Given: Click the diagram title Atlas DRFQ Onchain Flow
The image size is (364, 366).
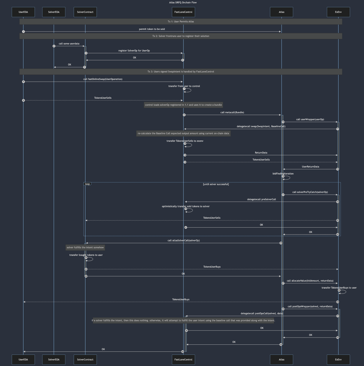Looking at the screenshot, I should coord(183,3).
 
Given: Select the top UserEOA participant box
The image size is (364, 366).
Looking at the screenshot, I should coord(23,12).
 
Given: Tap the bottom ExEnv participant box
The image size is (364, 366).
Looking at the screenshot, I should coord(338,360).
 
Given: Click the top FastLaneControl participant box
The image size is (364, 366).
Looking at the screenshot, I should coord(183,12).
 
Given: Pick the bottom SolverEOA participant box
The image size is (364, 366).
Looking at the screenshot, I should coord(54,360).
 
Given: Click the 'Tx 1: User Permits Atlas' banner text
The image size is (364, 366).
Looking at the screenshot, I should coord(181,22).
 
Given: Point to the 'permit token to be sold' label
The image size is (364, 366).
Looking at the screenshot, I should coord(152,29).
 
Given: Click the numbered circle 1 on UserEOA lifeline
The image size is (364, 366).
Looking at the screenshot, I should coord(23,32).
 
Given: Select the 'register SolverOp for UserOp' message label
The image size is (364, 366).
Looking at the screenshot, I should coord(134,51).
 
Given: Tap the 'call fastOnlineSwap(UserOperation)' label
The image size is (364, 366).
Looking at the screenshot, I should coord(103,79).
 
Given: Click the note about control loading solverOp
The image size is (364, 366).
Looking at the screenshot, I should coord(183,105).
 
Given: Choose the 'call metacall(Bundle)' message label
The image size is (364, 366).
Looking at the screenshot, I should coord(232,112).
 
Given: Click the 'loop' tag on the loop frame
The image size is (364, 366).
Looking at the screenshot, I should coord(87,184).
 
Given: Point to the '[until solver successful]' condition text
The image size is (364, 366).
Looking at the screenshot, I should coord(216,184).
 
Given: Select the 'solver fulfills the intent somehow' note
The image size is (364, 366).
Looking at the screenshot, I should coord(85,247).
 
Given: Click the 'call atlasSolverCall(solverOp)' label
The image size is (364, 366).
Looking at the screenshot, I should coord(183,240).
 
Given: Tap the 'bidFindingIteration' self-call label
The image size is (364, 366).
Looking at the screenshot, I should coord(283,174).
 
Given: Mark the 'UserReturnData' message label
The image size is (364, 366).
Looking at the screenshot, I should coord(310,167).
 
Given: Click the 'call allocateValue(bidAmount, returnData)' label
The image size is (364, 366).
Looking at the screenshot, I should coord(310,281).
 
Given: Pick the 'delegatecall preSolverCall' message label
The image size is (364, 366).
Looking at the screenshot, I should coord(261,199).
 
